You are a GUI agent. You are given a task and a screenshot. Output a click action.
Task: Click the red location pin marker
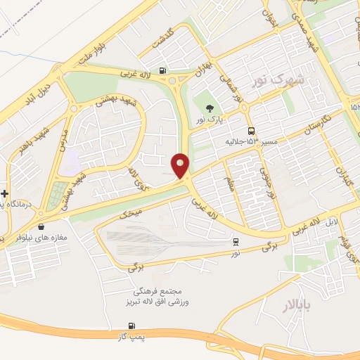(x=181, y=165)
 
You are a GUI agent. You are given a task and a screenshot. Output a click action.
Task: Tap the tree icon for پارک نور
(x=210, y=108)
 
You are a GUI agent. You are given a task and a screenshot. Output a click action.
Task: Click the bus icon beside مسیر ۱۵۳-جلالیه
(x=251, y=131)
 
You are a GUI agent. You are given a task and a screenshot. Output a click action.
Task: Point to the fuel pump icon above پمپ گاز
(x=131, y=326)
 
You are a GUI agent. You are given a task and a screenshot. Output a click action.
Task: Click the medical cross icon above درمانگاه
(x=5, y=193)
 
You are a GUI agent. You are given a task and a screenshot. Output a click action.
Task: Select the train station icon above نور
(x=236, y=241)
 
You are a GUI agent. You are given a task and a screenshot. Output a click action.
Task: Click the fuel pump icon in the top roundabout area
(x=163, y=70)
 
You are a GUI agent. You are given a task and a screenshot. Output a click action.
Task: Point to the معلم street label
(x=230, y=185)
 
